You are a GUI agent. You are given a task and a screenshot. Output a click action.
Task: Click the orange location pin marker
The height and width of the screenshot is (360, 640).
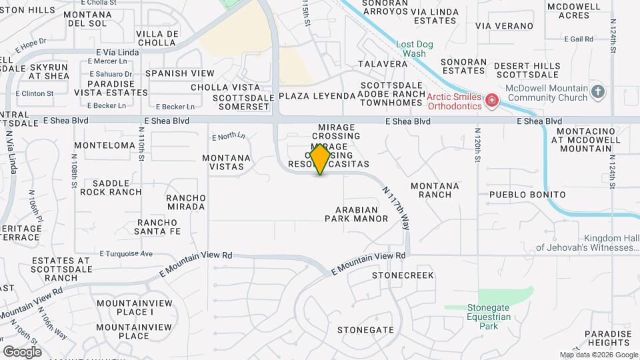click(321, 159)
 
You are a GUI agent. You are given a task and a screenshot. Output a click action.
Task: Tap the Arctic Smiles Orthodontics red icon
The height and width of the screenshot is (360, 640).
click(492, 101)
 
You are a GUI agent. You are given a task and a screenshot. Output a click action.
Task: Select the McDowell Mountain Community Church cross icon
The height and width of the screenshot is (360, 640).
click(598, 92)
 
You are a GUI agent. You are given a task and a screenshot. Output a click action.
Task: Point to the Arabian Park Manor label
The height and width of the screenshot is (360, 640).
click(356, 213)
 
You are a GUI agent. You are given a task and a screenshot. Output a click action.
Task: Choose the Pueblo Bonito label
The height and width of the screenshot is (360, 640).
click(527, 195)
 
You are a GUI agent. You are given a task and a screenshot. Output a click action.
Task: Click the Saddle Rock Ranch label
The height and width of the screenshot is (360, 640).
click(111, 187)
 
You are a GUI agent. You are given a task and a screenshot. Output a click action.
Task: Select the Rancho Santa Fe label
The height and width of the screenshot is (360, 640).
click(159, 227)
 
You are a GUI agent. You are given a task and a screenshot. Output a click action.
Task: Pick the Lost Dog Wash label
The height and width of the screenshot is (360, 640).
click(415, 49)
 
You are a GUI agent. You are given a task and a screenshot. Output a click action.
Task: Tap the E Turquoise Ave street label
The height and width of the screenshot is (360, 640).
click(126, 253)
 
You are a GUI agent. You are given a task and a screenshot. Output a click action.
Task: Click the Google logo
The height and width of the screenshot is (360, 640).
click(22, 351)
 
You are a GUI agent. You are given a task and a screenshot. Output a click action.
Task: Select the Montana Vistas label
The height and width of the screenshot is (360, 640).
click(227, 163)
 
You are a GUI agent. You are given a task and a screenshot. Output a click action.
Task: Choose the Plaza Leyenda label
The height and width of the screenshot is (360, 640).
click(317, 96)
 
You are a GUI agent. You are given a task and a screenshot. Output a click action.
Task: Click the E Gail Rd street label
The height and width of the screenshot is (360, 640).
click(578, 39)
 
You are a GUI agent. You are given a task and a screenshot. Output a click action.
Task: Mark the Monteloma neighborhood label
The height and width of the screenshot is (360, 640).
click(105, 145)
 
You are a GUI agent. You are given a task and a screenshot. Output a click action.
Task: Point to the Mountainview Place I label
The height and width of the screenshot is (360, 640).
click(125, 307)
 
